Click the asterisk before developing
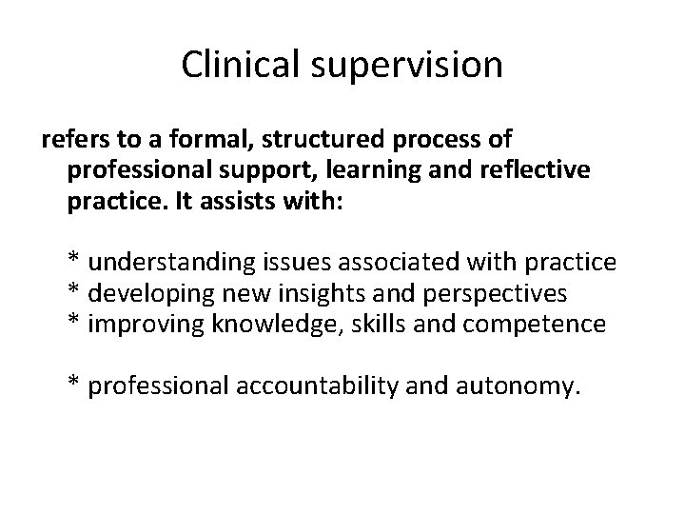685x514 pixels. [x=73, y=291]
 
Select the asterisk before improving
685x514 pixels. [x=73, y=323]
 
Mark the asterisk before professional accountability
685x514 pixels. [x=73, y=385]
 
